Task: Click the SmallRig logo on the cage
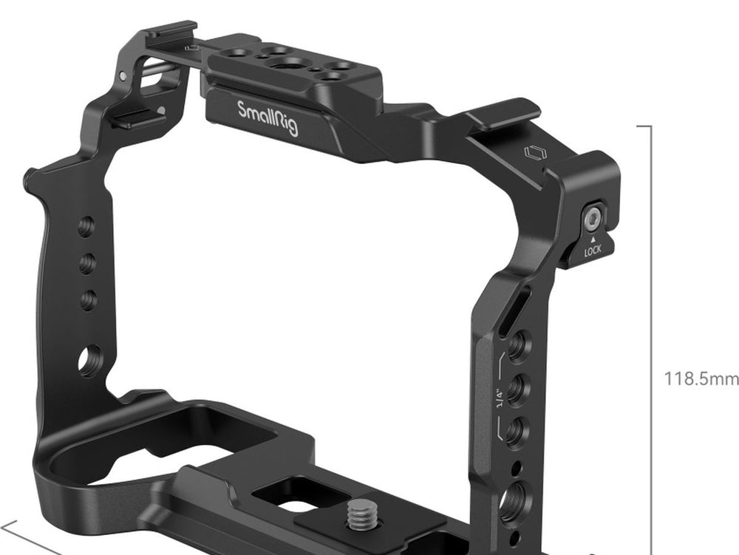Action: tap(268, 118)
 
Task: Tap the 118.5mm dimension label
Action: tap(701, 378)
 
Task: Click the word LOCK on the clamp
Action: tap(593, 251)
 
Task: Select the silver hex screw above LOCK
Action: tap(593, 218)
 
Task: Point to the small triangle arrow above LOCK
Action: tap(593, 239)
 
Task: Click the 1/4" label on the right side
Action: tap(500, 398)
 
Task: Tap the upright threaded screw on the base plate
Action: tap(362, 514)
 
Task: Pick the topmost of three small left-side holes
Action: tap(86, 227)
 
